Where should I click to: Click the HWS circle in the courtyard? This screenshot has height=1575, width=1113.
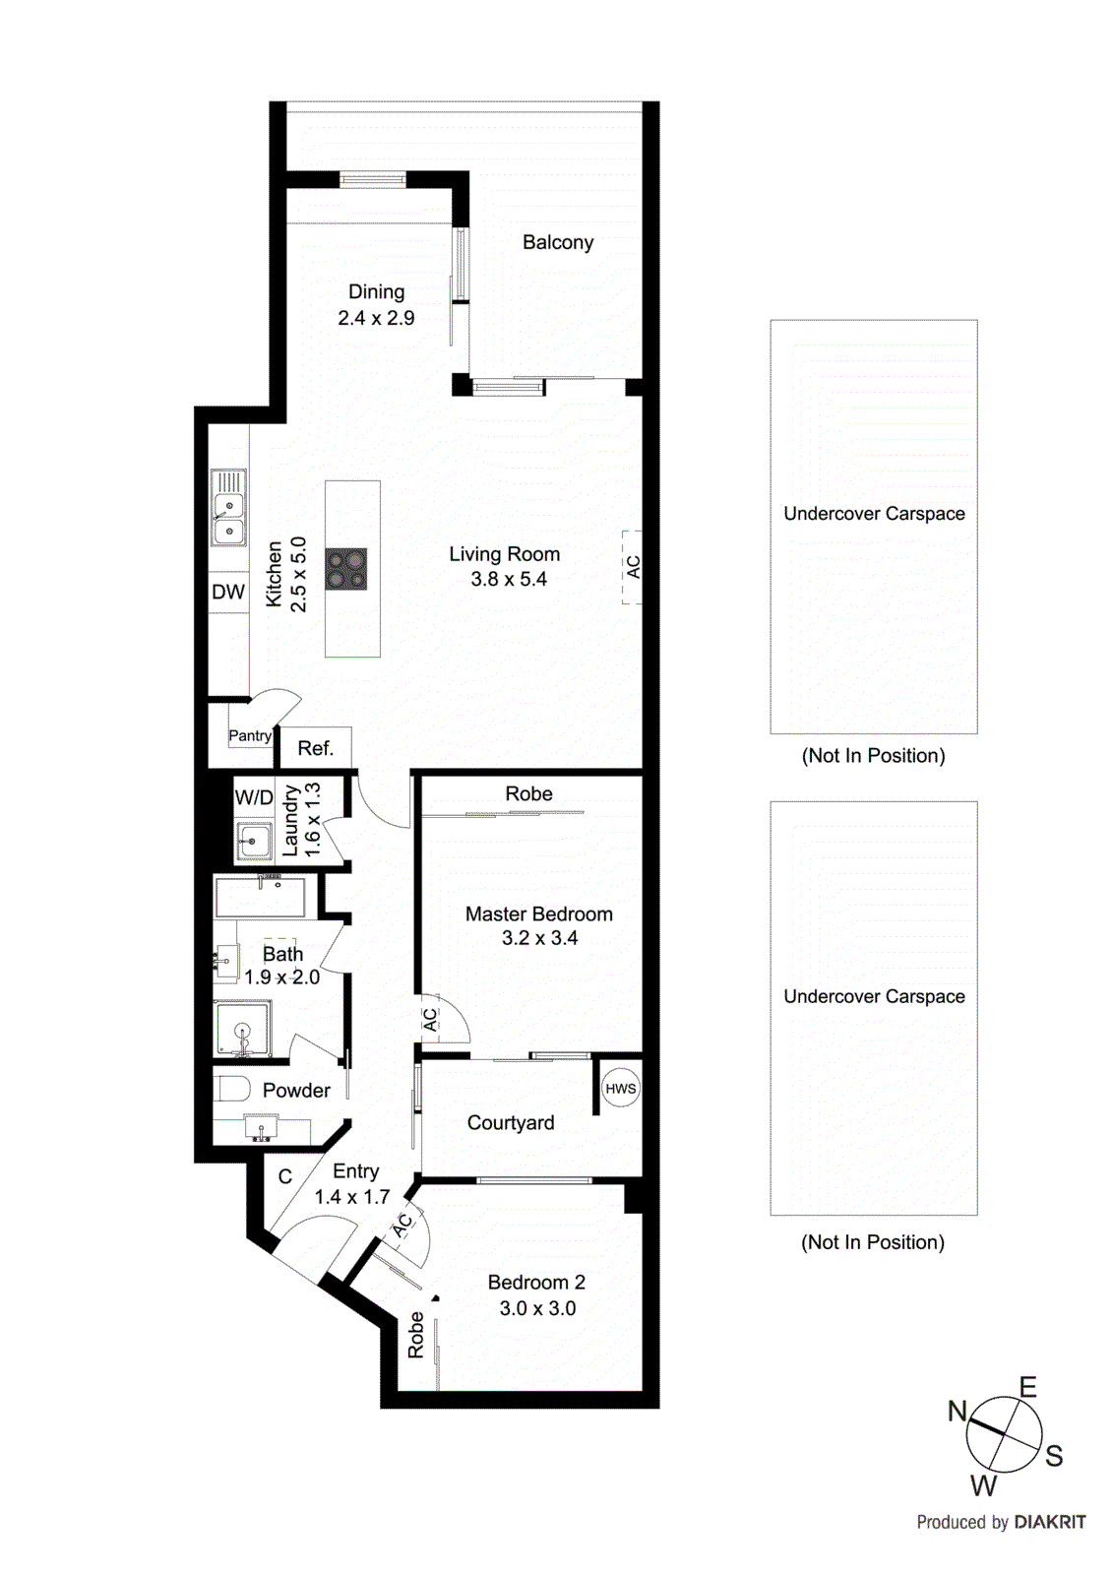click(x=621, y=1089)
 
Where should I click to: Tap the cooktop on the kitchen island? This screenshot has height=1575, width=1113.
click(x=346, y=569)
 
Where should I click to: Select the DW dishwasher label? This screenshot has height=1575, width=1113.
click(x=228, y=592)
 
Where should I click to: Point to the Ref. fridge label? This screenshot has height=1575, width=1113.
click(x=315, y=748)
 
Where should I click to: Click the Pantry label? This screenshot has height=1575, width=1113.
click(x=250, y=735)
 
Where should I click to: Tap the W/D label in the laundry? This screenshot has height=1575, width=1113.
click(x=254, y=797)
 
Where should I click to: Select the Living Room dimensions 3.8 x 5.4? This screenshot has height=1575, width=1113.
click(x=509, y=580)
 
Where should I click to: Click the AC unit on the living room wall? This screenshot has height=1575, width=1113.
click(x=632, y=567)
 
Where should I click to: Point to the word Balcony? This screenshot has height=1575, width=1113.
click(x=558, y=242)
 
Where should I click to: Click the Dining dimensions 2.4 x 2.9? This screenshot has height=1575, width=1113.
click(x=376, y=318)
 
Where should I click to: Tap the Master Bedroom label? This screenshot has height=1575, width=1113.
click(x=538, y=913)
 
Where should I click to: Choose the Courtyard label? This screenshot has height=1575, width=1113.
click(x=511, y=1123)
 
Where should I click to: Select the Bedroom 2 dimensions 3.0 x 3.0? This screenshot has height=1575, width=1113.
click(x=537, y=1308)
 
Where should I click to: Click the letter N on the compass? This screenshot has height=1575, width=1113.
click(x=958, y=1411)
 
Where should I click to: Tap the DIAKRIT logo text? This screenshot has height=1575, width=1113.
click(x=1050, y=1522)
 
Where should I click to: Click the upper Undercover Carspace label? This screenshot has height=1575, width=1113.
click(x=874, y=514)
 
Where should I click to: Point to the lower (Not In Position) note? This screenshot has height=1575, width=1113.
click(x=873, y=1242)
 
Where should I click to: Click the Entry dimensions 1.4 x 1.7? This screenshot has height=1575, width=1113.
click(x=352, y=1197)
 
